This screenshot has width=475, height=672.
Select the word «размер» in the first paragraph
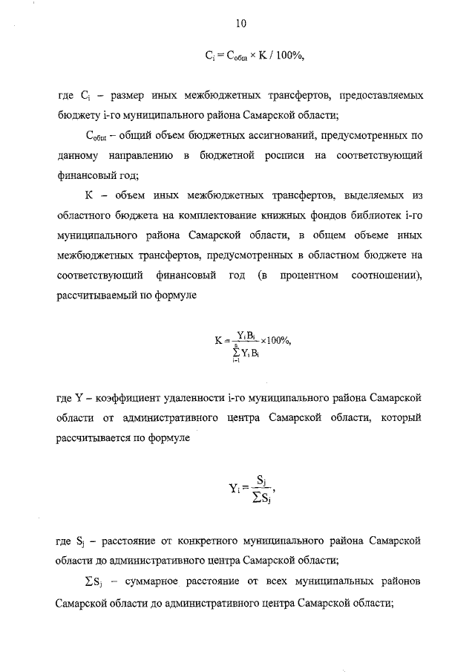(x=128, y=96)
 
